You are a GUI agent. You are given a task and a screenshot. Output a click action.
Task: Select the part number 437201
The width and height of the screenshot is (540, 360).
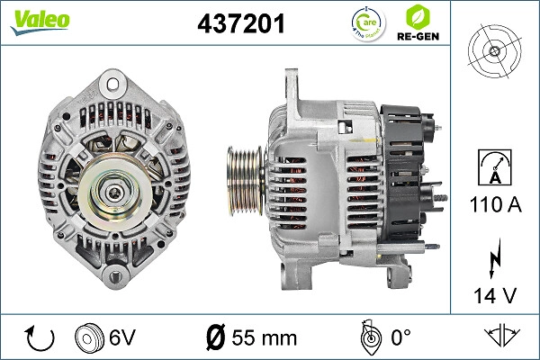point(240,24)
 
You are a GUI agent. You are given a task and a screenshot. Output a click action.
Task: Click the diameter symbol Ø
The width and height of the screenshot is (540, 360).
point(215,337)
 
